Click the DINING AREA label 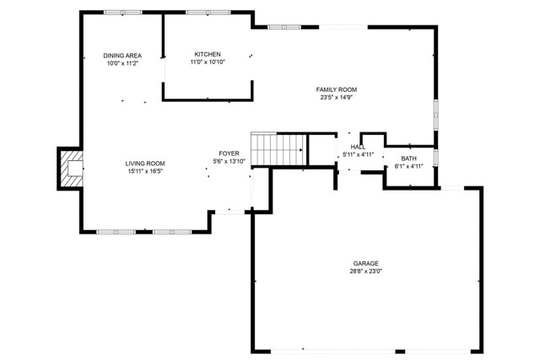point(122,56)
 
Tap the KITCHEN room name point(208,54)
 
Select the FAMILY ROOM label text point(337,89)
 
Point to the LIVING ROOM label point(145,164)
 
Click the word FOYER point(229,153)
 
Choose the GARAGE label point(365,263)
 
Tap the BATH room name point(408,159)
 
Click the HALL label point(358,147)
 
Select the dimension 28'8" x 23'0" point(365,271)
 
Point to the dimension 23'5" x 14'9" point(337,97)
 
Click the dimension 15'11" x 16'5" point(145,171)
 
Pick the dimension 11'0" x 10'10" point(208,62)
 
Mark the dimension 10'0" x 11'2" point(122,63)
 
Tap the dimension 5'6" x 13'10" point(229,161)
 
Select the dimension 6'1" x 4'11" point(408,166)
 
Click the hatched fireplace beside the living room point(70,169)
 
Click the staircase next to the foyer point(278,149)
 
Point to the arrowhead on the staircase point(301,150)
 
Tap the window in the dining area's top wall point(123,13)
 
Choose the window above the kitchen point(208,13)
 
